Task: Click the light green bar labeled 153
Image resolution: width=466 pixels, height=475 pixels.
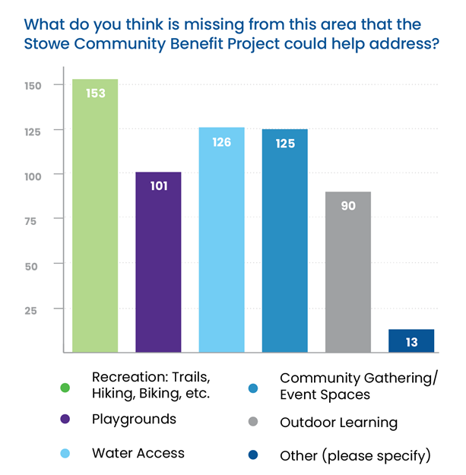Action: [95, 216]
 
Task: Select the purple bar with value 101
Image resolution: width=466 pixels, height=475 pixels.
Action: [158, 262]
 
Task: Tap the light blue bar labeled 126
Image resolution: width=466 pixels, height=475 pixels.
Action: [221, 239]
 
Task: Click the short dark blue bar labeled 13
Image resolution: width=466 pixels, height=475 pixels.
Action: [411, 341]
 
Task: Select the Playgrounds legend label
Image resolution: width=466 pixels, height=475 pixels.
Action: [134, 419]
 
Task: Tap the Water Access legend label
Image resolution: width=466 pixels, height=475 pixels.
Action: [138, 453]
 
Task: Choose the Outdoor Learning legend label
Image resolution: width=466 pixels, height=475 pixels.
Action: [338, 423]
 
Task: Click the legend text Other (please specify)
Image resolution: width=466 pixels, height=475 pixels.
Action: [355, 456]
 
